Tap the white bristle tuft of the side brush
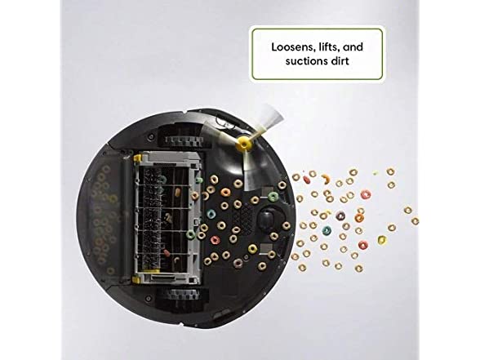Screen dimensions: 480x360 pyautogui.click(x=272, y=116)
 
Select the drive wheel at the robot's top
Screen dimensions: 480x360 pyautogui.click(x=184, y=140)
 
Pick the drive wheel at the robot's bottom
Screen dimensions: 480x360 pyautogui.click(x=183, y=295)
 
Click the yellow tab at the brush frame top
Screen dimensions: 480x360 pyautogui.click(x=137, y=158)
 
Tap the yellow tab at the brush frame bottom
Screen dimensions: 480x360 pyautogui.click(x=136, y=278)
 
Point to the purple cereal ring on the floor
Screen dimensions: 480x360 pyautogui.click(x=340, y=216)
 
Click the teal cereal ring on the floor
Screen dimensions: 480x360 pyautogui.click(x=327, y=229)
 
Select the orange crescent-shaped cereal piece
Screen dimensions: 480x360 pyautogui.click(x=327, y=179)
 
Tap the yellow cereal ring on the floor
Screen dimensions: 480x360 pyautogui.click(x=382, y=240)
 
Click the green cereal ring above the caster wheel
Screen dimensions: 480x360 pyautogui.click(x=273, y=196)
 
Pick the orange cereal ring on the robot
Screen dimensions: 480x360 pyautogui.click(x=226, y=193)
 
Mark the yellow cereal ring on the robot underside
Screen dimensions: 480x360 pyautogui.click(x=252, y=248)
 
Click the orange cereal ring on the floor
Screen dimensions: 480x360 pyautogui.click(x=359, y=218)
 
